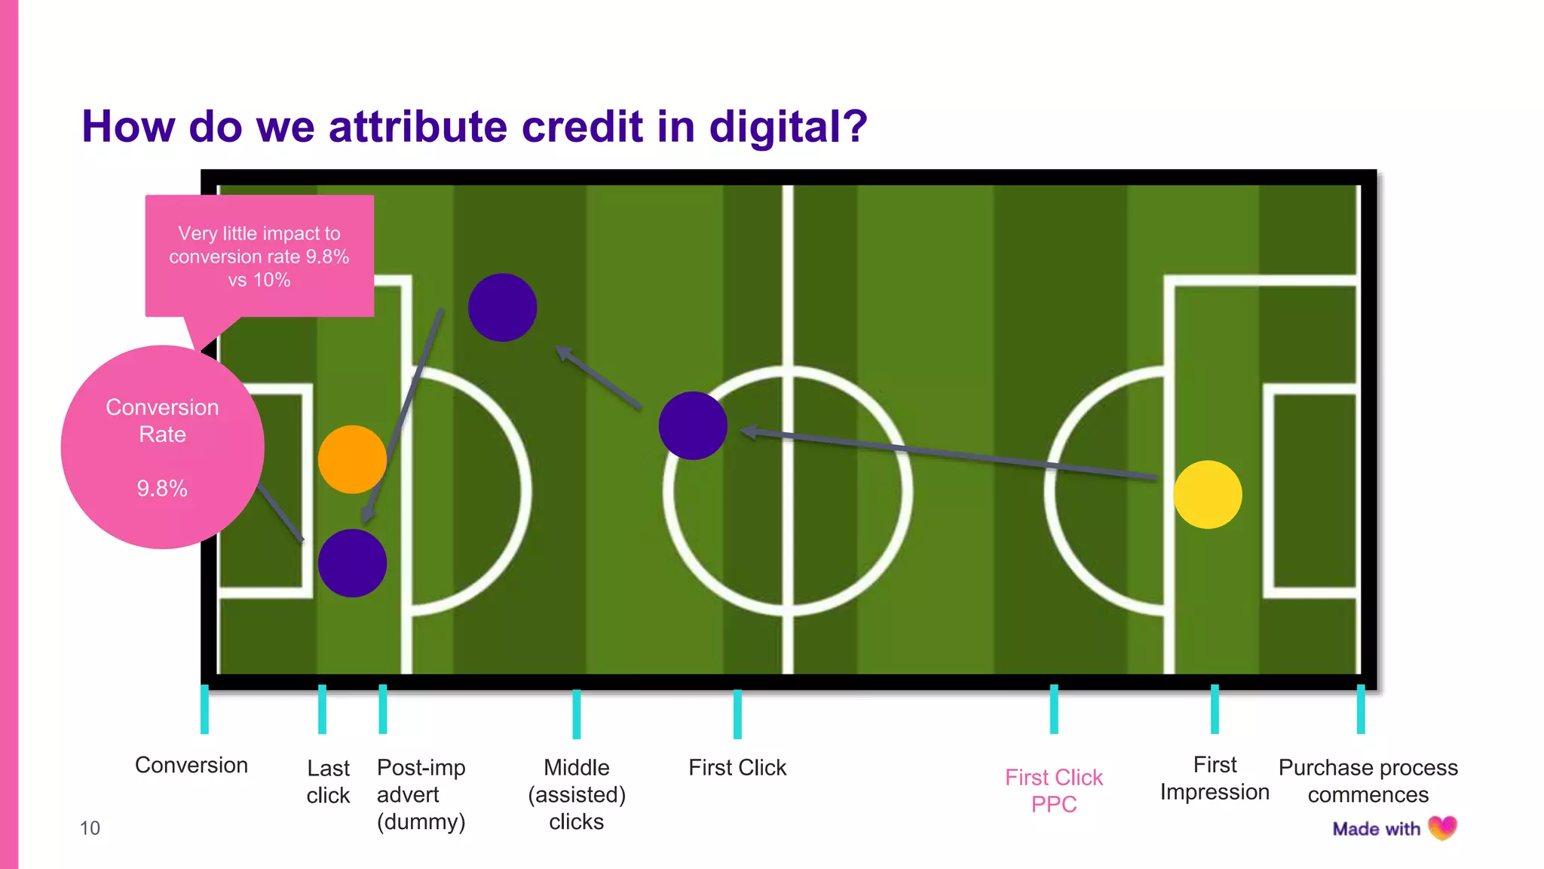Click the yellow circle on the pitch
1207,495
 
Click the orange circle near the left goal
352,459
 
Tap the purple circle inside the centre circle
692,425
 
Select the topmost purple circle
502,308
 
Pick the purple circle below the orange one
352,563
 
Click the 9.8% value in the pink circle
162,489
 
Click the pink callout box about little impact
259,256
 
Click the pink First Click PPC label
1054,791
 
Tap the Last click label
328,781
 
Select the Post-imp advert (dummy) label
421,794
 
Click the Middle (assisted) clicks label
577,794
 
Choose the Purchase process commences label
1368,781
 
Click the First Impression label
1215,778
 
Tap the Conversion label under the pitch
191,765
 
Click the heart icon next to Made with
1442,828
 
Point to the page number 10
90,828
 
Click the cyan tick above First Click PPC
1054,709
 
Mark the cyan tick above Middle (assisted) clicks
577,714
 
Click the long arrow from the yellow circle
950,454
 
